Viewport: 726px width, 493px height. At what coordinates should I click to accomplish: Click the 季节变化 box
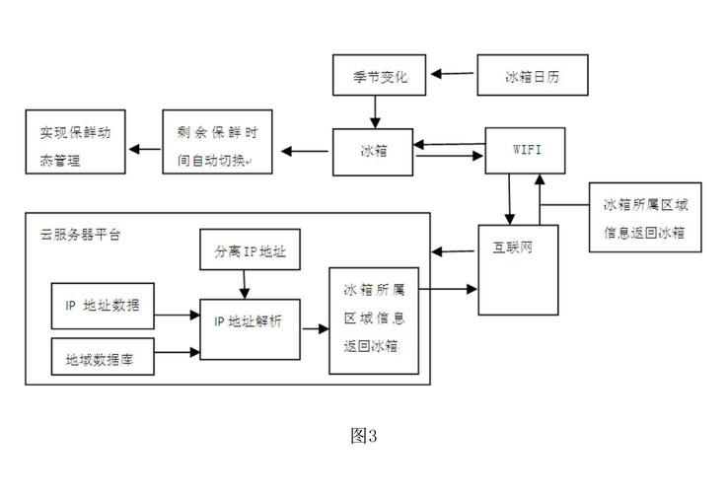pyautogui.click(x=379, y=75)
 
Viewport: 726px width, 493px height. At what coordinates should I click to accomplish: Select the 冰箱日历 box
pyautogui.click(x=534, y=75)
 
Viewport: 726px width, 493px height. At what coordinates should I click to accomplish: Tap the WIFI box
pyautogui.click(x=524, y=150)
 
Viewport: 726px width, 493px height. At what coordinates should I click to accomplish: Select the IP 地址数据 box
pyautogui.click(x=103, y=306)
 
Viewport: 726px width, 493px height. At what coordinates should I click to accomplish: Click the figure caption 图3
pyautogui.click(x=364, y=436)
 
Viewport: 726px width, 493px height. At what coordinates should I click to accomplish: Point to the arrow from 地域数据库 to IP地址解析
pyautogui.click(x=178, y=349)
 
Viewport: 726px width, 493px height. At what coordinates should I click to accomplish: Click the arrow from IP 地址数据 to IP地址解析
pyautogui.click(x=178, y=316)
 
